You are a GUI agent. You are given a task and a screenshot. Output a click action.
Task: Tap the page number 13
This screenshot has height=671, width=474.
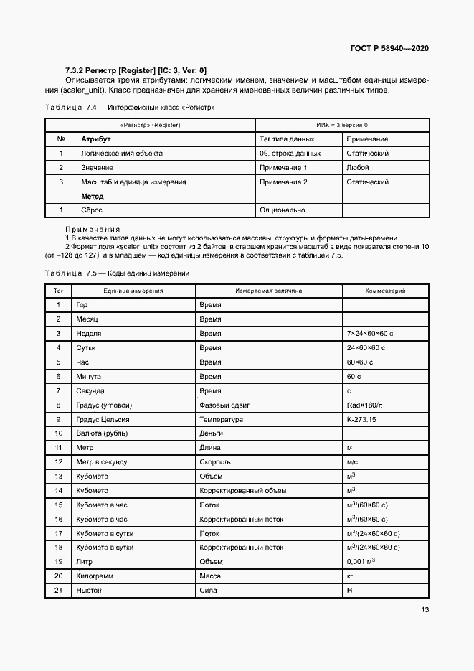click(x=425, y=610)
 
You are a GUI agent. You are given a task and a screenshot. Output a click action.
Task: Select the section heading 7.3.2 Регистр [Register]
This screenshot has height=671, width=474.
click(x=136, y=70)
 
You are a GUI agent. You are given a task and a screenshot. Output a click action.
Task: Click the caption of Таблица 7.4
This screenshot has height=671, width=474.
click(x=130, y=107)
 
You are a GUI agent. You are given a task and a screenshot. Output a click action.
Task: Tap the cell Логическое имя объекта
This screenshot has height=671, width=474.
click(x=121, y=154)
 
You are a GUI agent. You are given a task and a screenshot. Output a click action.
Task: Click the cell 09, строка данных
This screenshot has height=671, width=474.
click(x=290, y=154)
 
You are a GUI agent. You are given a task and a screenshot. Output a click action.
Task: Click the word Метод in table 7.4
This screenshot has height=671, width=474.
click(x=92, y=196)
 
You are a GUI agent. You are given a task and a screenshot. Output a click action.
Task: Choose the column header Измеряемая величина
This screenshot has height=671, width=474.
click(x=269, y=291)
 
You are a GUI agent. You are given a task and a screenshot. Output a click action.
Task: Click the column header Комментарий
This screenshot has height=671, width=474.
click(x=386, y=291)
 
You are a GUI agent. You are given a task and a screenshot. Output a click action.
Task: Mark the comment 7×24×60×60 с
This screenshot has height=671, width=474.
click(x=371, y=334)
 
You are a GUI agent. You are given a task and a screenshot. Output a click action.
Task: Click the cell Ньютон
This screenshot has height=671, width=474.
click(x=89, y=590)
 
